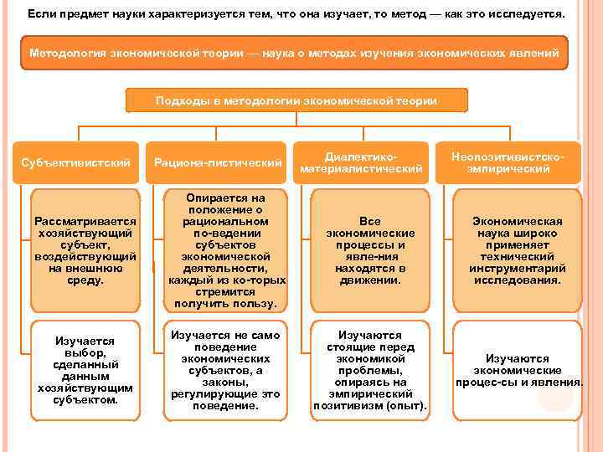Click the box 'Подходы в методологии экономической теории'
296,100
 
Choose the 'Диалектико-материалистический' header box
361,162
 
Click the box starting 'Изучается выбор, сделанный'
85,370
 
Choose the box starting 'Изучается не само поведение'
224,370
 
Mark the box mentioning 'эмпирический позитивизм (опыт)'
369,370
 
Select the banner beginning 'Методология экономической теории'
294,53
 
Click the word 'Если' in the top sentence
39,15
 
